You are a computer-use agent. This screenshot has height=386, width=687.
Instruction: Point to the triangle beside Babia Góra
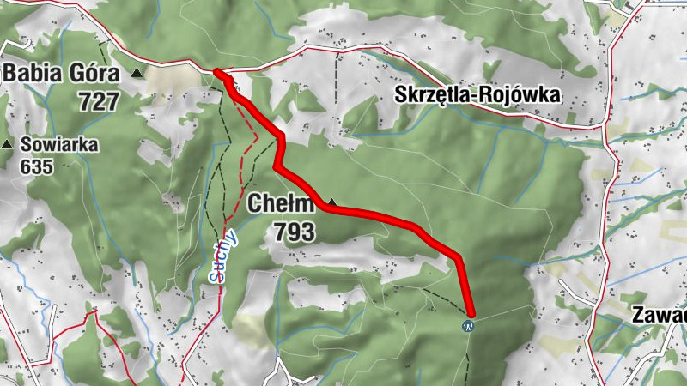click(x=137, y=75)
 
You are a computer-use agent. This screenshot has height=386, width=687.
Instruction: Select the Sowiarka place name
click(x=60, y=144)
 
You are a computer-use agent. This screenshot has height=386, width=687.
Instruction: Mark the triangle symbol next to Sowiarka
click(x=9, y=144)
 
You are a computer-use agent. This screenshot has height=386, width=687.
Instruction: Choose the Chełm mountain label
click(x=282, y=204)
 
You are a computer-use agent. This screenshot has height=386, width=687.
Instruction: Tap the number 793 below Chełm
click(x=295, y=231)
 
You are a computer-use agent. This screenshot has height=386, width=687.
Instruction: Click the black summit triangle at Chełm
click(x=331, y=203)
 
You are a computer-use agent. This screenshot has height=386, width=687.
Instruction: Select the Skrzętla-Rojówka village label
click(x=478, y=95)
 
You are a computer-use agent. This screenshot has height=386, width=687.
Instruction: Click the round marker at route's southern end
click(x=468, y=325)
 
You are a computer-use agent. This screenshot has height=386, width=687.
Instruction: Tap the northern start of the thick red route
click(x=218, y=73)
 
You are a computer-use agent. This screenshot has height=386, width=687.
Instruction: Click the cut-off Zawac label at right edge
click(x=659, y=314)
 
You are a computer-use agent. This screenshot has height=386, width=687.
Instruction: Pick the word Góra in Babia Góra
click(x=93, y=75)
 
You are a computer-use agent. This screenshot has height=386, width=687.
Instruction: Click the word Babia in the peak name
click(x=33, y=74)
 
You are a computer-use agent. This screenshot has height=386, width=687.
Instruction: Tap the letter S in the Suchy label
click(x=218, y=277)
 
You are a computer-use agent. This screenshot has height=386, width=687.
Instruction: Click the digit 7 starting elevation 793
click(x=281, y=231)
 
